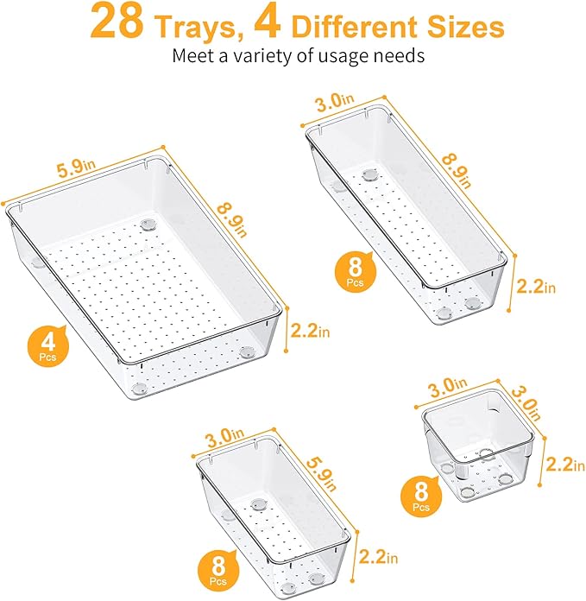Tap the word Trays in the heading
click(x=192, y=27)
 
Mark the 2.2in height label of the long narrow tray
click(x=535, y=287)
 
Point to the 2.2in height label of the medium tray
click(x=381, y=555)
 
